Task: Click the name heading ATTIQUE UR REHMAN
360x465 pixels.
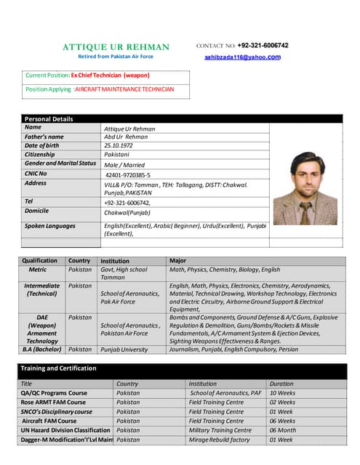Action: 116,47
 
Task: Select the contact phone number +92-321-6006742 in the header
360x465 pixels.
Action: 263,45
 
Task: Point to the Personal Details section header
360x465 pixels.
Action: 49,118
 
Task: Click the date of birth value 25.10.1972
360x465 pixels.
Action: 121,145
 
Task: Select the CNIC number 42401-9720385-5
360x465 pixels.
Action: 128,175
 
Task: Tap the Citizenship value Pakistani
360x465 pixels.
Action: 118,155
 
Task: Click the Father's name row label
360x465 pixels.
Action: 44,137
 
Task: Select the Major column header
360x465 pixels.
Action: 178,261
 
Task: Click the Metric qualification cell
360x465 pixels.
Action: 38,270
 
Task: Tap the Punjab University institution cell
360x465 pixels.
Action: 124,349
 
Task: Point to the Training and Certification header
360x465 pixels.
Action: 58,369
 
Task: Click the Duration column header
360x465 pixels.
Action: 281,384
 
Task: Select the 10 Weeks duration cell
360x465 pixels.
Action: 283,393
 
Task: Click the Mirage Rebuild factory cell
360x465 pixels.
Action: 219,440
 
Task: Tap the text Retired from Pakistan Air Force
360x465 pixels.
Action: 116,57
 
